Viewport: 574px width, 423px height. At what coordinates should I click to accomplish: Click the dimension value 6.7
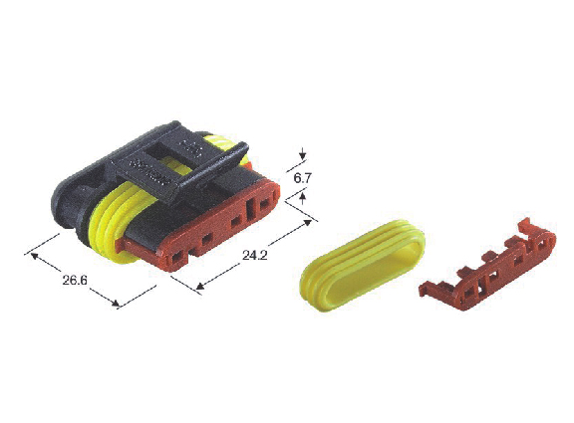[302, 178]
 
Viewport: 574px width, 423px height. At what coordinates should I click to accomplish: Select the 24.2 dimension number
[255, 255]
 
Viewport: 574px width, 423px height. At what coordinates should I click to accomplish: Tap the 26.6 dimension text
[75, 281]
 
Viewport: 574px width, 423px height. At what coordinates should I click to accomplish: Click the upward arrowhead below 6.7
[302, 199]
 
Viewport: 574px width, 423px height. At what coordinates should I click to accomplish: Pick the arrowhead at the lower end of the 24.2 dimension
[201, 286]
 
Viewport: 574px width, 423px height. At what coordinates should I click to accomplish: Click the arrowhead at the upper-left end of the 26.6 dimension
[35, 255]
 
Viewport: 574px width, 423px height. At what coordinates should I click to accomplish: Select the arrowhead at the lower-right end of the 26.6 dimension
[114, 303]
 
